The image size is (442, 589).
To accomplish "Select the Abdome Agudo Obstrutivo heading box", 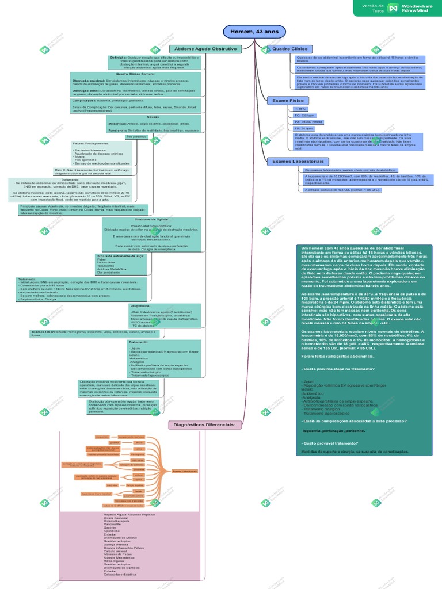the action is point(205,49).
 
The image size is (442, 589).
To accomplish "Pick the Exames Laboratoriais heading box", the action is point(297,162).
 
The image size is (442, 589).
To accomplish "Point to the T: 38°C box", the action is point(300,109).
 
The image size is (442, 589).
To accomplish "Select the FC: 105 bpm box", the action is point(304,116).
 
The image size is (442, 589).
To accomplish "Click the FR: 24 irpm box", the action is point(304,129).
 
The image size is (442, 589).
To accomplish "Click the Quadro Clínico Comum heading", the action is point(136,74).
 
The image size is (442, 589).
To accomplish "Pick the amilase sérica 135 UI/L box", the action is point(342,189).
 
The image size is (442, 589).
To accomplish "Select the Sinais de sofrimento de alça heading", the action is point(121,255).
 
